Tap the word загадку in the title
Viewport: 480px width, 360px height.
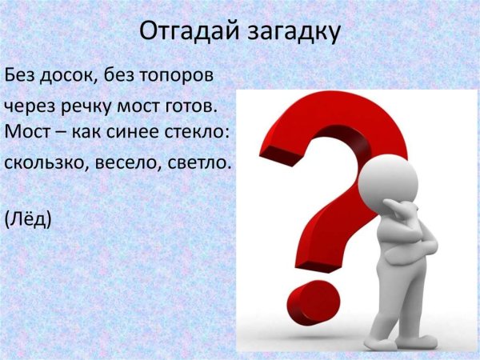pyautogui.click(x=293, y=34)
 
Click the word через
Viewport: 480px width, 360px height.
pyautogui.click(x=29, y=106)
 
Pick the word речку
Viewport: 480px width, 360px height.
pyautogui.click(x=90, y=106)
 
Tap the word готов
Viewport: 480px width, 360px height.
pyautogui.click(x=191, y=106)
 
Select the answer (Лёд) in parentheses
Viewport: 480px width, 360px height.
pyautogui.click(x=28, y=217)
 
